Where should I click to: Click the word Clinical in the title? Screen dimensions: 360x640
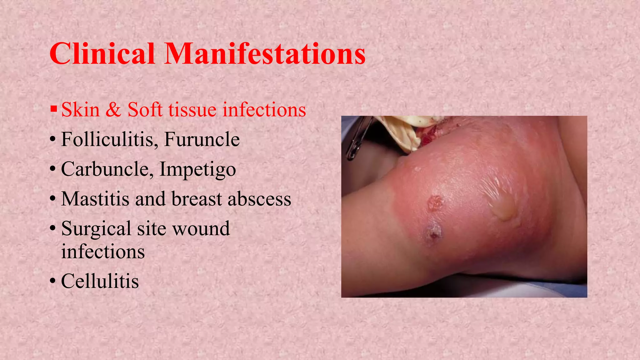click(102, 54)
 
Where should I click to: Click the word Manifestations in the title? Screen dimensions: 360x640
click(265, 54)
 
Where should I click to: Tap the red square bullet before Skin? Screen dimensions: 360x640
click(54, 109)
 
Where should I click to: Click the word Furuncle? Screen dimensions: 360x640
click(202, 139)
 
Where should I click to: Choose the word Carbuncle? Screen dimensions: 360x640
click(105, 169)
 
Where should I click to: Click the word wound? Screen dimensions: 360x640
click(201, 229)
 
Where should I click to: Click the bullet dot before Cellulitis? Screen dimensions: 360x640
click(53, 280)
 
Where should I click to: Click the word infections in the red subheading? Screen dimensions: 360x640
click(264, 110)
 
